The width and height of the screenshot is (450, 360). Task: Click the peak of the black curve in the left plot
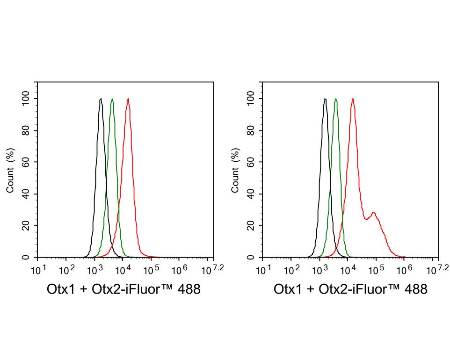click(101, 99)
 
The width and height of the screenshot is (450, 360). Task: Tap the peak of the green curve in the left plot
click(112, 99)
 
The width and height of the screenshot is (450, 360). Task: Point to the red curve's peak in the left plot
click(128, 99)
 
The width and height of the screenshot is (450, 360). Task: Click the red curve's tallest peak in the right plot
click(353, 99)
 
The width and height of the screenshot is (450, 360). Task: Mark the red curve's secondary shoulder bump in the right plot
click(373, 213)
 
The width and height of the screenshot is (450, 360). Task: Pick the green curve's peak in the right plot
click(336, 99)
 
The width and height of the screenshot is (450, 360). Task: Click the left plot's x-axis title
click(124, 289)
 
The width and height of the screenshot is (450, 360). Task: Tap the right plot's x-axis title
click(351, 289)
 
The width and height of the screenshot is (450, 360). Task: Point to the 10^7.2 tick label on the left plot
click(211, 269)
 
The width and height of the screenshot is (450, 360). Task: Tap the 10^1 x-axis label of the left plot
click(38, 269)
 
